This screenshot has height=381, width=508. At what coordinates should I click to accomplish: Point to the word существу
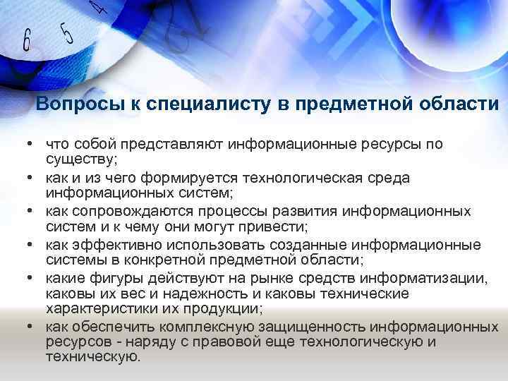tap(82, 158)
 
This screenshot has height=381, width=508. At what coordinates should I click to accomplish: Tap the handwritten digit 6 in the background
tap(27, 40)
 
